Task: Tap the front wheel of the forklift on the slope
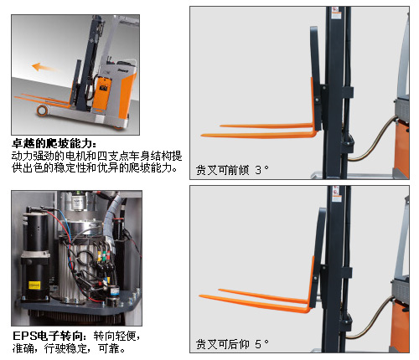pyautogui.click(x=42, y=111)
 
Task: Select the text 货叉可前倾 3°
pyautogui.click(x=232, y=170)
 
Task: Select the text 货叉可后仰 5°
pyautogui.click(x=232, y=344)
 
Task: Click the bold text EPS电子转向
pyautogui.click(x=48, y=336)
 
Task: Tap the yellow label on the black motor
pyautogui.click(x=34, y=285)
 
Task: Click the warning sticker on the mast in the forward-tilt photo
pyautogui.click(x=335, y=13)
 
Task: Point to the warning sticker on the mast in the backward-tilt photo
pyautogui.click(x=336, y=193)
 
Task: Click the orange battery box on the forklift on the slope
pyautogui.click(x=102, y=93)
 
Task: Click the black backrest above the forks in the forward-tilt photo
pyautogui.click(x=317, y=77)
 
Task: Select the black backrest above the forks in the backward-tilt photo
pyautogui.click(x=318, y=257)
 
